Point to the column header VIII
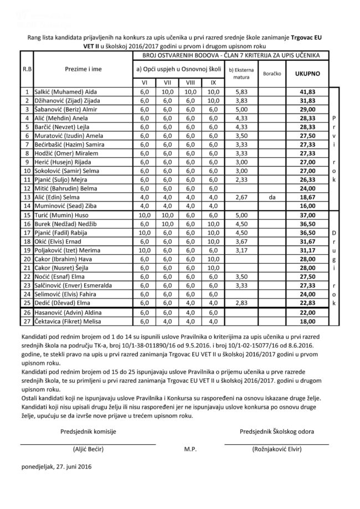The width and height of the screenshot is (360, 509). point(190,82)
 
